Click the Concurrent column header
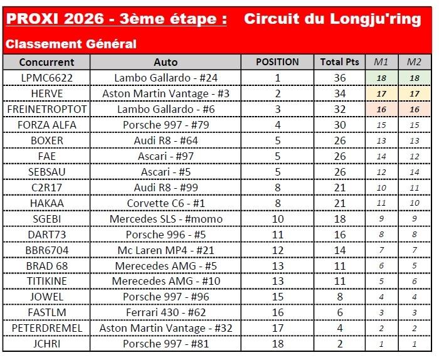pos(46,62)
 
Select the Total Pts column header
pos(339,62)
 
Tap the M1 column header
pos(381,62)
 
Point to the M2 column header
pos(414,62)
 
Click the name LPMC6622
pos(46,78)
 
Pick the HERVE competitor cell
pos(46,93)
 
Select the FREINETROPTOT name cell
pos(46,109)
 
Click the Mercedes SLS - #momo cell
pos(166,219)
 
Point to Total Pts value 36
pos(339,78)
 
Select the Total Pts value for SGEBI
pos(339,219)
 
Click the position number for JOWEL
pos(277,297)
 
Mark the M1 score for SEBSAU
pos(381,172)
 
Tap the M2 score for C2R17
pos(414,188)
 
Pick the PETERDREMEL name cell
pos(46,329)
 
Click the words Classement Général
pos(71,44)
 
